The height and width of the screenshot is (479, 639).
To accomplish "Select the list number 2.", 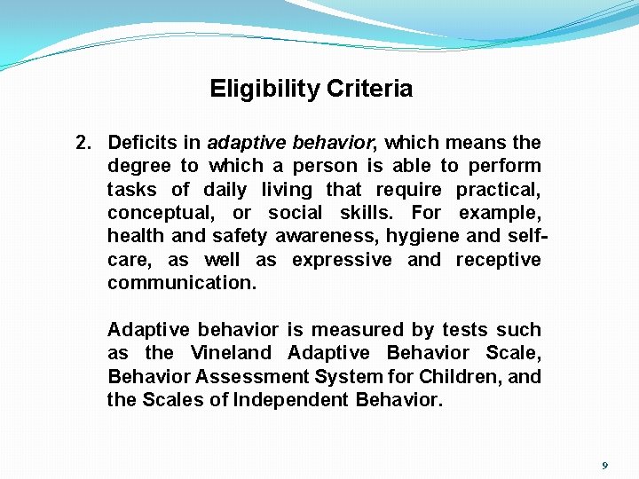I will point(83,143).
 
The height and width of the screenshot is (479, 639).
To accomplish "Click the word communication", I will point(181,283).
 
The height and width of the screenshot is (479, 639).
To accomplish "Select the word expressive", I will point(341,260).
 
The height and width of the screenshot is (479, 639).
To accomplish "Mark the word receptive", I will point(498,260).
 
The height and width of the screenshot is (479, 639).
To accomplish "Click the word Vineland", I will point(231,353).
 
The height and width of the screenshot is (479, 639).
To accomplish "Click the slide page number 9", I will point(605,466).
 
